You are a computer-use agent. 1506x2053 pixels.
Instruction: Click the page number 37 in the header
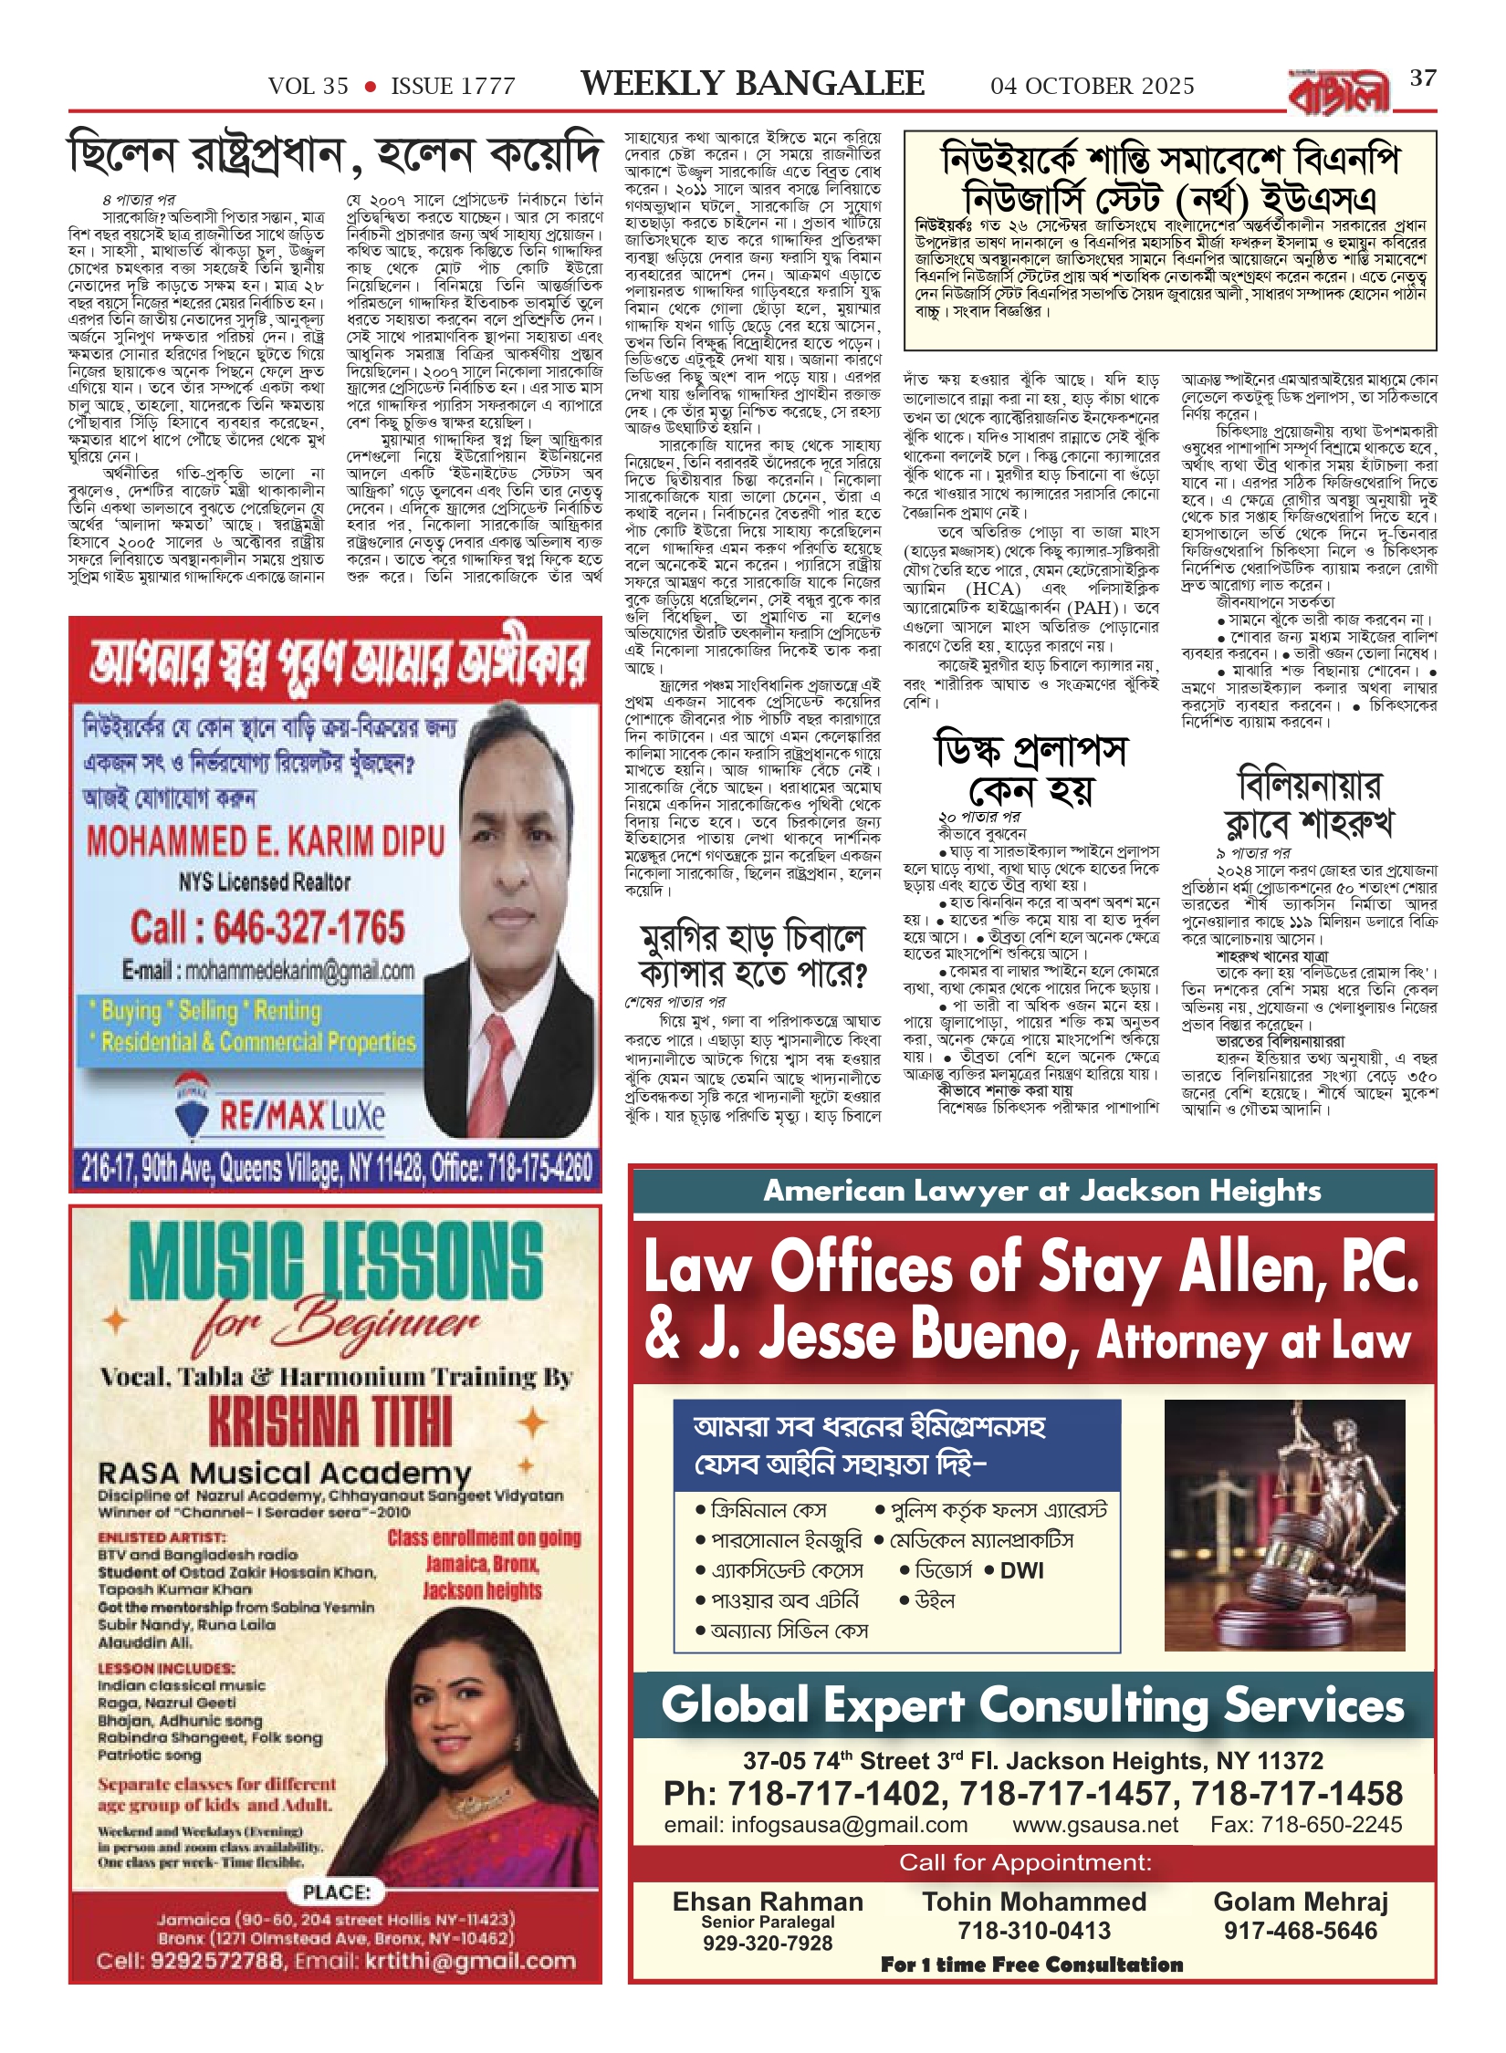[x=1423, y=78]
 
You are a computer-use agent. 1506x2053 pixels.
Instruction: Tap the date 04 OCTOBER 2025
[x=1092, y=87]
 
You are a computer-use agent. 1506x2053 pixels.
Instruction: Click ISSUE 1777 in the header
[x=453, y=87]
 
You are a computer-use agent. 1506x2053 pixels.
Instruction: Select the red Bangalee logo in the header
[x=1338, y=93]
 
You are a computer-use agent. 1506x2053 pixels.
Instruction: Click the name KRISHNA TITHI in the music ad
[x=330, y=1422]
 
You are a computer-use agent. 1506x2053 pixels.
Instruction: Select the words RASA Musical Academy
[x=284, y=1473]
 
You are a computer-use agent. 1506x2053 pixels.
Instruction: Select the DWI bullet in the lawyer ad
[x=1020, y=1570]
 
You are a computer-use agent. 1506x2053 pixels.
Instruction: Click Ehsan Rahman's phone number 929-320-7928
[x=767, y=1943]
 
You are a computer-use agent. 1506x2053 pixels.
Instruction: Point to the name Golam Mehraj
[x=1300, y=1902]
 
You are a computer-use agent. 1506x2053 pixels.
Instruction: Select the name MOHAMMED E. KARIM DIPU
[x=266, y=841]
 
